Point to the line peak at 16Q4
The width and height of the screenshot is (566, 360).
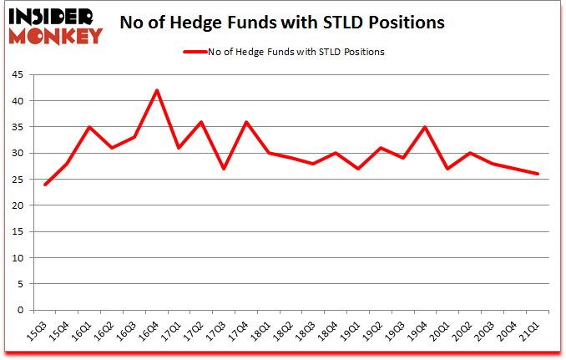(156, 90)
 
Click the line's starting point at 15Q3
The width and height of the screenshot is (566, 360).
(45, 185)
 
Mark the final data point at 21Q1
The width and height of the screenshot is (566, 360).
(538, 174)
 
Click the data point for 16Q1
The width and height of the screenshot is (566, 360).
(89, 127)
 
